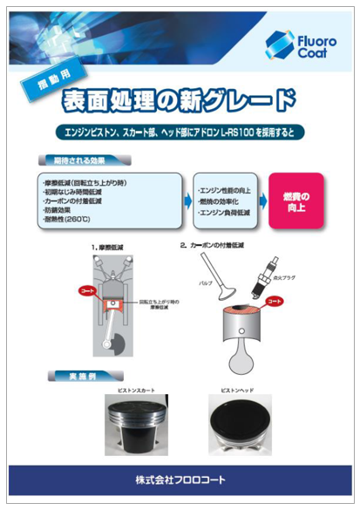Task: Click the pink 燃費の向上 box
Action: click(295, 200)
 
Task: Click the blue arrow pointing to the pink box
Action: click(262, 200)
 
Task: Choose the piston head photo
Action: click(239, 423)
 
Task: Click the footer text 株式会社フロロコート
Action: click(179, 480)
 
